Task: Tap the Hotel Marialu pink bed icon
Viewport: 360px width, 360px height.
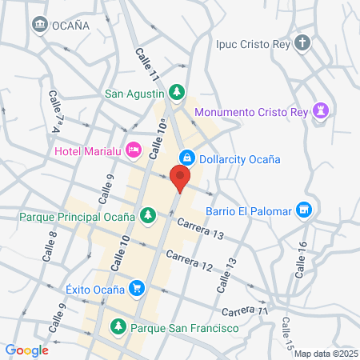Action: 134,150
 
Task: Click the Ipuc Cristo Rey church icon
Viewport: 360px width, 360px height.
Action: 302,43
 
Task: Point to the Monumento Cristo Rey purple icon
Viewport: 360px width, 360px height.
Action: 322,111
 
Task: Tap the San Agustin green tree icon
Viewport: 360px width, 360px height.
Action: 177,92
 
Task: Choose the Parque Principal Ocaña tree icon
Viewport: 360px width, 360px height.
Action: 147,215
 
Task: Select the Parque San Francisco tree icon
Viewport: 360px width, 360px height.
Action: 118,326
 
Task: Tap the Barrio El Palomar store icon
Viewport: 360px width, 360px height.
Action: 302,210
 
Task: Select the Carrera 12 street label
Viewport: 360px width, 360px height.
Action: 190,260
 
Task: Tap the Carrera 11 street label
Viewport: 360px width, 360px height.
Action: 242,309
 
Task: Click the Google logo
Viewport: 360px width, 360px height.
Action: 27,350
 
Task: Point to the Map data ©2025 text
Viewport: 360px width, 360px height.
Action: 325,353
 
